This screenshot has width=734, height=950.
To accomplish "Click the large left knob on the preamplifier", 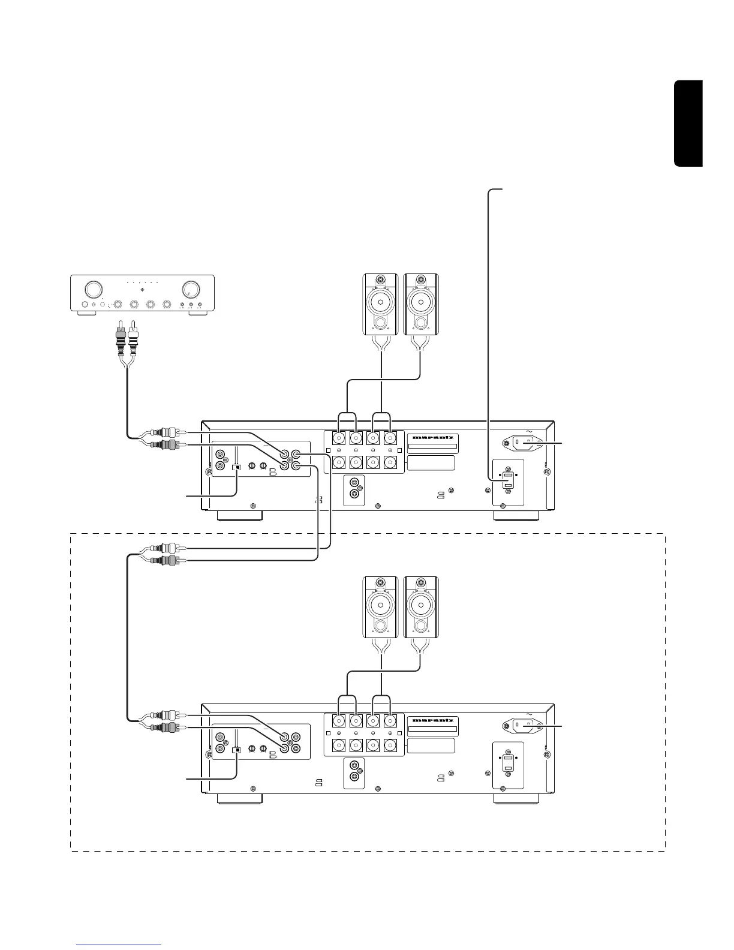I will pos(93,290).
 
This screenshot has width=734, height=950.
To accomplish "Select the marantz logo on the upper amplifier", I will pos(434,437).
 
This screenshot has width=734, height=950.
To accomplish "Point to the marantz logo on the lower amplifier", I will pos(434,721).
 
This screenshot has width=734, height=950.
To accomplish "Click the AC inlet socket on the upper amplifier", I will pos(523,443).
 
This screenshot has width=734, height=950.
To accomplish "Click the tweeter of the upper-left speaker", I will pos(380,279).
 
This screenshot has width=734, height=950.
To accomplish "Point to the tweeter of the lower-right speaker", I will pos(421,582).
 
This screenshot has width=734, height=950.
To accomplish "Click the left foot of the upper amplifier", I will pos(239,516).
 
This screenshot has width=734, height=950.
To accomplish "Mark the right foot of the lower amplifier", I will pos(516,799).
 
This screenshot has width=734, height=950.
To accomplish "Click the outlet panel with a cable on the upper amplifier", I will pos(508,481).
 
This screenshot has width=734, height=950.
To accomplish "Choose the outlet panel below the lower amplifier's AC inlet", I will pos(508,765).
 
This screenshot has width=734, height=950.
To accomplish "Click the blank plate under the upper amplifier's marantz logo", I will pos(431,463).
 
